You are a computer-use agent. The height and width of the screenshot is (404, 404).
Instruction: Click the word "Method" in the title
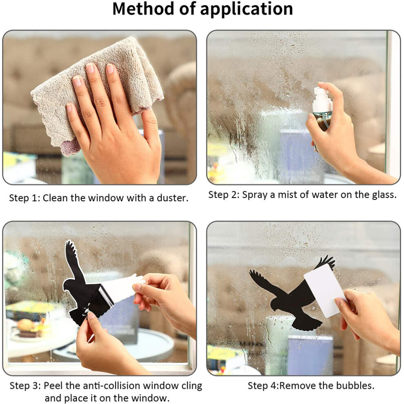(x=144, y=9)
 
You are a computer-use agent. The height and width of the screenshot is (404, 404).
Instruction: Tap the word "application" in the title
(x=246, y=10)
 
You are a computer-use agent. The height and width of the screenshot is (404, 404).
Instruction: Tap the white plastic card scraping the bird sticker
(x=325, y=291)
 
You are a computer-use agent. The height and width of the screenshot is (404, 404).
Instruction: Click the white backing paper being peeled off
(x=121, y=287)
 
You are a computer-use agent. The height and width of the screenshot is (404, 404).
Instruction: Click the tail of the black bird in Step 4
(x=307, y=323)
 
